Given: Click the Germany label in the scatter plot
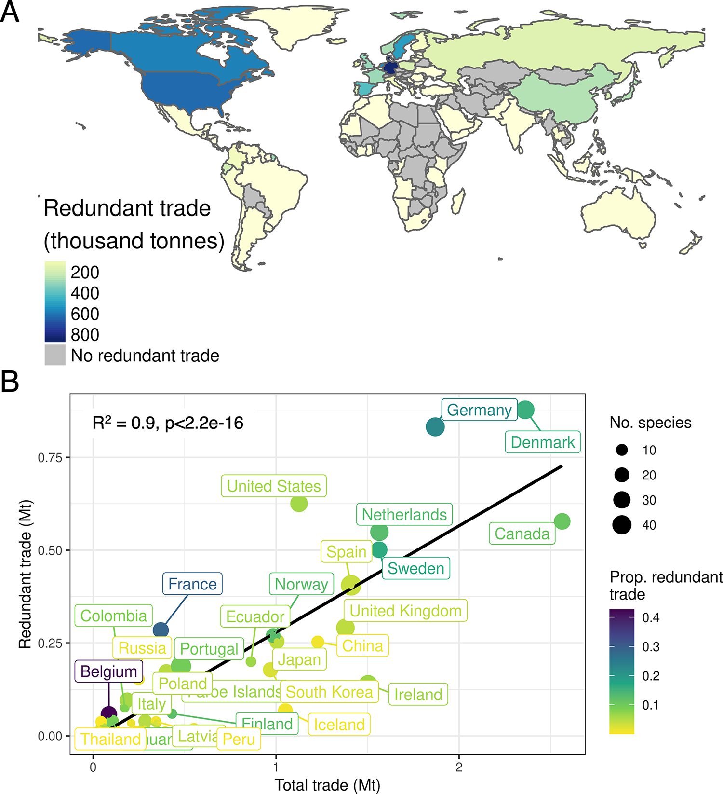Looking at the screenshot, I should (479, 410).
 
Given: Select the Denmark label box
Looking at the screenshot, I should (542, 442).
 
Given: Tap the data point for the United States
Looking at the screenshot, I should (299, 503).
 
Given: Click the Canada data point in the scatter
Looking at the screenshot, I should (562, 521).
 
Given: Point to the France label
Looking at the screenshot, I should (192, 584).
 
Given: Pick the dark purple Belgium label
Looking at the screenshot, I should (108, 671).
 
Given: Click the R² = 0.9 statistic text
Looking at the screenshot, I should (168, 424).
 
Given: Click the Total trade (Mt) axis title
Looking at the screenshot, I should (327, 785).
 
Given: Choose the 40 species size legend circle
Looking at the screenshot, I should (622, 525).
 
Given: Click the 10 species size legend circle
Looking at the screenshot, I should (622, 450).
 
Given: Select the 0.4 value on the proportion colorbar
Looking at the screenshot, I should (651, 617).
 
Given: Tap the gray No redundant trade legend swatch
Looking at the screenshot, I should (55, 355).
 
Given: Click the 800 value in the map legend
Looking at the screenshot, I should (85, 334).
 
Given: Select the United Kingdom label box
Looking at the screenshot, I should (405, 611).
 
